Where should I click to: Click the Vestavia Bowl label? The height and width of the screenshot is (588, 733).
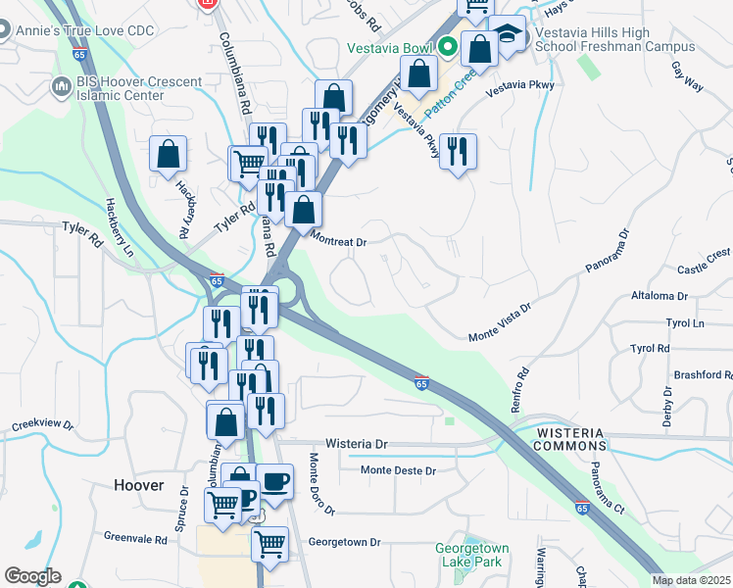389,48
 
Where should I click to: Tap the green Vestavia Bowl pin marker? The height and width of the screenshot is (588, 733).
448,46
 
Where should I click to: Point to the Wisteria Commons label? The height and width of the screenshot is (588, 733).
577,438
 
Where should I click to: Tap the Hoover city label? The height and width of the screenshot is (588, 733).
138,485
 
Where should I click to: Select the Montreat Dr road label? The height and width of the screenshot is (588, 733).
338,240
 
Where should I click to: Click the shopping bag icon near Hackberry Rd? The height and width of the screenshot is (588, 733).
168,153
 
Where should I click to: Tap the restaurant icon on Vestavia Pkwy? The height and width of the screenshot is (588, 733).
458,151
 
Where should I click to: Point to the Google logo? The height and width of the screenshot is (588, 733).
32,576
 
